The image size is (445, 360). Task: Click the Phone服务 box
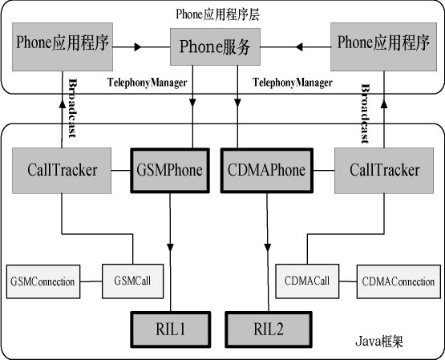pos(215,47)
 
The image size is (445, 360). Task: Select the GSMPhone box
pos(170,171)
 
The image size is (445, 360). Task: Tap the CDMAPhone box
pos(267,171)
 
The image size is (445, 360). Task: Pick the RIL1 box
pos(171,330)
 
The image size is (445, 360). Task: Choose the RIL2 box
pos(269,330)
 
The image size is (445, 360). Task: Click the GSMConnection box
pos(43,281)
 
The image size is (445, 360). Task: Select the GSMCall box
pos(132,281)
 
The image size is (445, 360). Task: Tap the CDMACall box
pos(307,281)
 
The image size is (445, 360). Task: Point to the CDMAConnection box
pos(398,281)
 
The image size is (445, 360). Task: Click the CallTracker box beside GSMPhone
pos(62,171)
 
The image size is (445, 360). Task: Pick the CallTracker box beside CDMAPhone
pos(384,171)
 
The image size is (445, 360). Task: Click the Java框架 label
pos(379,342)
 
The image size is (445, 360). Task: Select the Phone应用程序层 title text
pos(217,14)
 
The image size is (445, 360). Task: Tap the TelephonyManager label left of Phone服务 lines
pos(148,83)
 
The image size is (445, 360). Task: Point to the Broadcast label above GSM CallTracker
pos(73,108)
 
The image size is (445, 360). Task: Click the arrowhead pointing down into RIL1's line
pos(170,247)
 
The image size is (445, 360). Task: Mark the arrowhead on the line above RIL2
pos(267,247)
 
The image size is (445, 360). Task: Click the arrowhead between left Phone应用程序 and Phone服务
pos(138,47)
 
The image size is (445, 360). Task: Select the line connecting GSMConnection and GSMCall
pos(91,281)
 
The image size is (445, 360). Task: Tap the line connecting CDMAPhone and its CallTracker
pos(324,171)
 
